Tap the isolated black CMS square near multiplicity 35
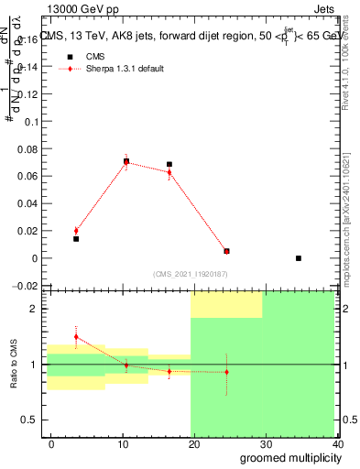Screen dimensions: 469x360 click(x=299, y=258)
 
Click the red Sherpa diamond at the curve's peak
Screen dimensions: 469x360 click(x=126, y=162)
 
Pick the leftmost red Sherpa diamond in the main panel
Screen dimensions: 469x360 click(x=76, y=231)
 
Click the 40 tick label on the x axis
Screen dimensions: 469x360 click(x=338, y=442)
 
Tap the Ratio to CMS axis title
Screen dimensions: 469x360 click(x=14, y=364)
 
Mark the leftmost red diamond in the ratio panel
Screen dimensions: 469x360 click(x=76, y=337)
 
